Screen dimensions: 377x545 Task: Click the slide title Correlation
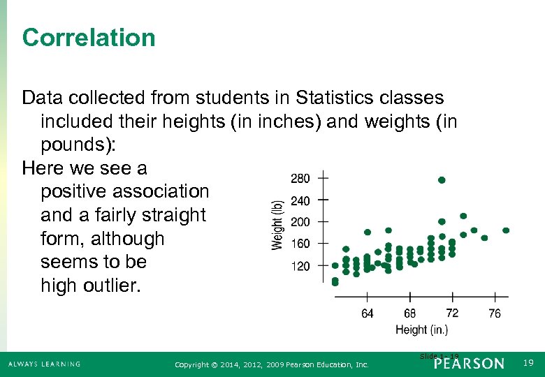[x=89, y=38]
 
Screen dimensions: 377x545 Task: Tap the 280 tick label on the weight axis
[x=300, y=179]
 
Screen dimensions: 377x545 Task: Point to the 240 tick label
[x=300, y=201]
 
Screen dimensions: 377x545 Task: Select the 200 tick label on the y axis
[x=300, y=223]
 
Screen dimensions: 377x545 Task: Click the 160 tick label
[x=300, y=244]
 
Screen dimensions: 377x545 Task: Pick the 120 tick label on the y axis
[x=300, y=267]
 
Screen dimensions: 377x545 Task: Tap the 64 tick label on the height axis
[x=368, y=313]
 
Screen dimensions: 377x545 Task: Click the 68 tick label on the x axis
[x=410, y=313]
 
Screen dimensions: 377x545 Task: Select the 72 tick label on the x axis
[x=452, y=313]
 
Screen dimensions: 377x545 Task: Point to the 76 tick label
[x=495, y=313]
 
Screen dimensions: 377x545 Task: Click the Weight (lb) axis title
[x=277, y=223]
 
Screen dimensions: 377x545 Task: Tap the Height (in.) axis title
[x=421, y=330]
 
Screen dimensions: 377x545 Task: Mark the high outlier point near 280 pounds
[x=442, y=180]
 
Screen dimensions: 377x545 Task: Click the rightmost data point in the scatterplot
[x=506, y=230]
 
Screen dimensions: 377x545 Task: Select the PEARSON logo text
[x=468, y=364]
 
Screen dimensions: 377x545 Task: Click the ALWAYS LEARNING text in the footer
[x=45, y=364]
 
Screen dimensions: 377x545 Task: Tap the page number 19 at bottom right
[x=528, y=363]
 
